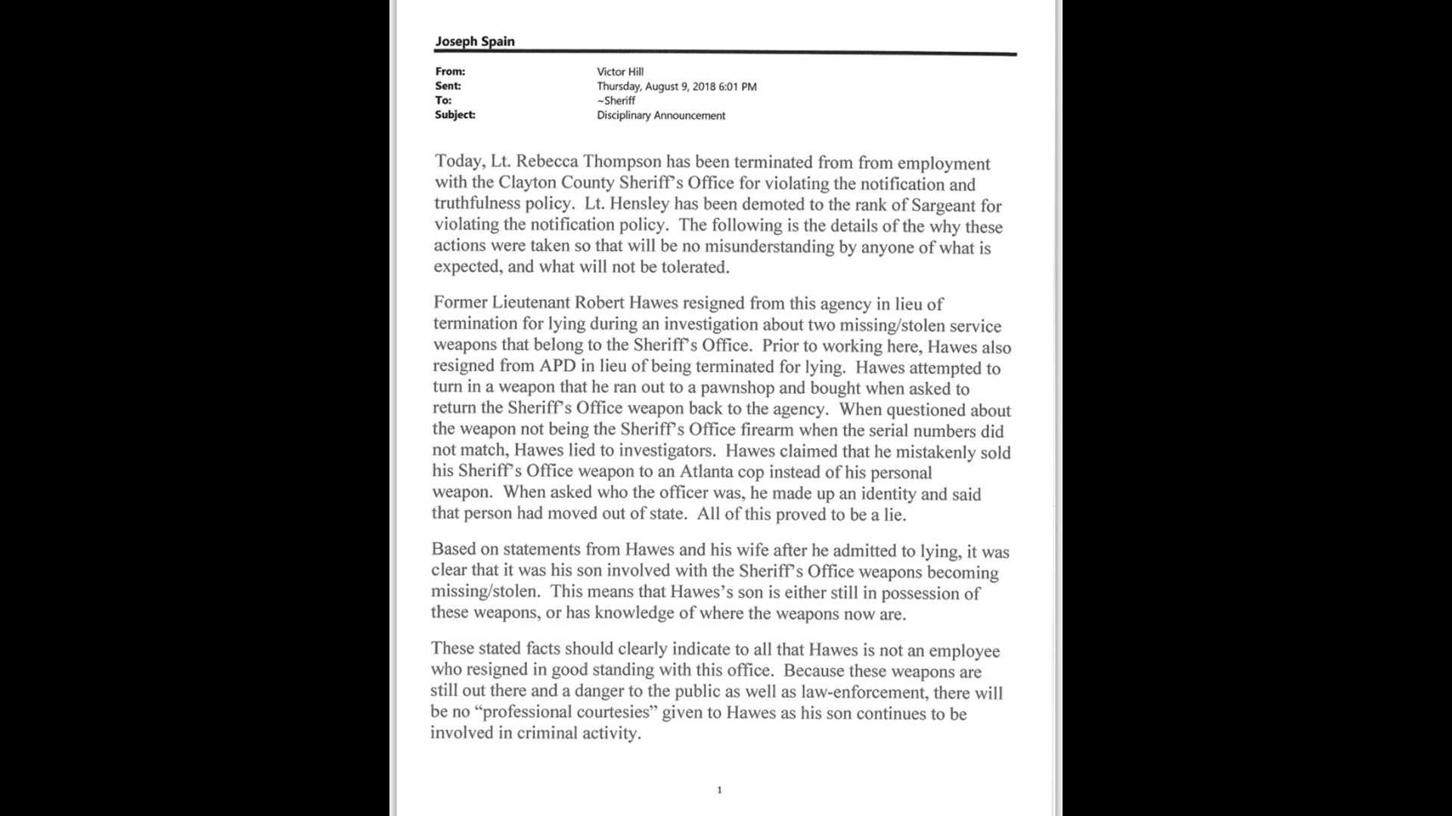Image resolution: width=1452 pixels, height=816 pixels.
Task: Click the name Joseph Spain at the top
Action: click(x=475, y=42)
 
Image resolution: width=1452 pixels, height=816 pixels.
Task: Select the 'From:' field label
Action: click(x=450, y=72)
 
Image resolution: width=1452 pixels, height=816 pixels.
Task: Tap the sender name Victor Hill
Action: click(x=620, y=72)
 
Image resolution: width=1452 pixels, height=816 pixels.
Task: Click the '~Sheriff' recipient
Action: click(x=616, y=100)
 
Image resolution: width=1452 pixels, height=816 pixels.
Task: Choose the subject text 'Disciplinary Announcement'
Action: click(x=661, y=116)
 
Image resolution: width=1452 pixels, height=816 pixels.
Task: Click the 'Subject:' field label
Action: click(x=455, y=115)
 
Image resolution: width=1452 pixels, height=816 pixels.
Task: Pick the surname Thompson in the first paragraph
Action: click(x=622, y=162)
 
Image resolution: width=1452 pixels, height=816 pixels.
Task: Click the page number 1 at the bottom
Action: click(x=719, y=790)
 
